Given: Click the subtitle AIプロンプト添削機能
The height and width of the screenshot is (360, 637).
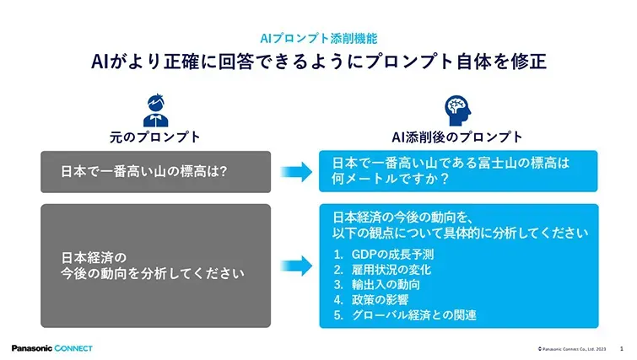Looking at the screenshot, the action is (x=319, y=39).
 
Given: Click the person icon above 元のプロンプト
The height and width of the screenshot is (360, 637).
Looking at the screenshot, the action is (x=155, y=110).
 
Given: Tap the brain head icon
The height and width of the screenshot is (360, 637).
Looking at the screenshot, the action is (x=458, y=110).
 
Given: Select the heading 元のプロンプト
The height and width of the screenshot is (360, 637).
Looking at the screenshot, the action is (x=154, y=137).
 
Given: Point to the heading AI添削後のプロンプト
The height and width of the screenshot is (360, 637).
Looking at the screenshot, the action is (x=457, y=137).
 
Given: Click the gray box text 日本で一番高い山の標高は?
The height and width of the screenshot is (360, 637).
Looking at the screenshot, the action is (x=143, y=172).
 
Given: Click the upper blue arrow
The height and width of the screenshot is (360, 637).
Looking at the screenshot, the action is (x=296, y=172).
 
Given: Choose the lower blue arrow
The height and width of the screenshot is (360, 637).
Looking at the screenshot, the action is (x=296, y=266).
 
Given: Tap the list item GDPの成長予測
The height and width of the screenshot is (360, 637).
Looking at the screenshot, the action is (x=392, y=255).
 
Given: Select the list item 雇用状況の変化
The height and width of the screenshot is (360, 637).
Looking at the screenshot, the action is (x=391, y=270).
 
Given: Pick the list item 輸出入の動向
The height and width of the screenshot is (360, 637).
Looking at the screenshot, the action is (x=386, y=284).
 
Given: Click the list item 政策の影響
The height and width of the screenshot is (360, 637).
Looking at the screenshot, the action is (x=380, y=300).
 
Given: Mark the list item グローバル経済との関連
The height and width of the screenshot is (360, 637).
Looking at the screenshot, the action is (x=413, y=315).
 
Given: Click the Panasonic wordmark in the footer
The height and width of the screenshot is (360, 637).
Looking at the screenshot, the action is (x=32, y=348).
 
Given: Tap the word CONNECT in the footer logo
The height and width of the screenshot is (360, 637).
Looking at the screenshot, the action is (x=73, y=348).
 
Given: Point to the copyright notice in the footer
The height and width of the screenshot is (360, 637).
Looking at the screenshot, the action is (x=572, y=349).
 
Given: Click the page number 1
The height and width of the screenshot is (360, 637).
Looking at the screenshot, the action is (x=622, y=349).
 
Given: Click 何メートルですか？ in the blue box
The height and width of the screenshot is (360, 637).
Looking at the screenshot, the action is (x=391, y=179).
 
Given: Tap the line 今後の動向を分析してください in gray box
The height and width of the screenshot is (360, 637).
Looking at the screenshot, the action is (x=153, y=273).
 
